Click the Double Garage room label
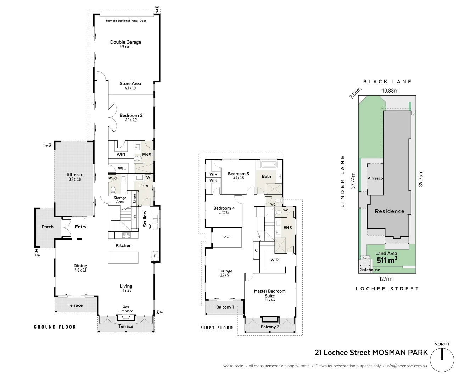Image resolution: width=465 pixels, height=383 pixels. [x=125, y=42]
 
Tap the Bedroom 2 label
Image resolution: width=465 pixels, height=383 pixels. [x=131, y=115]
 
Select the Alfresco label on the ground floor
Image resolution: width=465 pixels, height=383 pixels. [x=75, y=174]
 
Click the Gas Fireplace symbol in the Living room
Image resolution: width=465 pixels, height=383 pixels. [x=125, y=317]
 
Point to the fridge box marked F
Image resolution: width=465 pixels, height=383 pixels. [x=155, y=256]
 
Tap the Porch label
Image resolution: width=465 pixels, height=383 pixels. [x=47, y=227]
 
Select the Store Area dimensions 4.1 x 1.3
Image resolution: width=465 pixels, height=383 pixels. [x=130, y=88]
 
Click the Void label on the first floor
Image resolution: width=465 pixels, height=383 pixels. [x=227, y=237]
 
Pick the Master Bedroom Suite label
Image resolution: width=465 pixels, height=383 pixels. [x=270, y=293]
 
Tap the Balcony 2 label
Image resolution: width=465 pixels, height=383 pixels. [x=270, y=327]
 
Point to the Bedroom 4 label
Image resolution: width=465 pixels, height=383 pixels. [x=224, y=208]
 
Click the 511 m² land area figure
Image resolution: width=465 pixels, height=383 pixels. [x=387, y=260]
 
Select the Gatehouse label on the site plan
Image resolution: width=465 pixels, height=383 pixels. [x=370, y=270]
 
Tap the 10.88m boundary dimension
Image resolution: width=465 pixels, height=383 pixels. [x=390, y=90]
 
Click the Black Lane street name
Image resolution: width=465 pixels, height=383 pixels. [x=387, y=82]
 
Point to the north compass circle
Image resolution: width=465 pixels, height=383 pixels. [x=442, y=360]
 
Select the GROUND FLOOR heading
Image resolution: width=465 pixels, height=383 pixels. [x=55, y=327]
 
